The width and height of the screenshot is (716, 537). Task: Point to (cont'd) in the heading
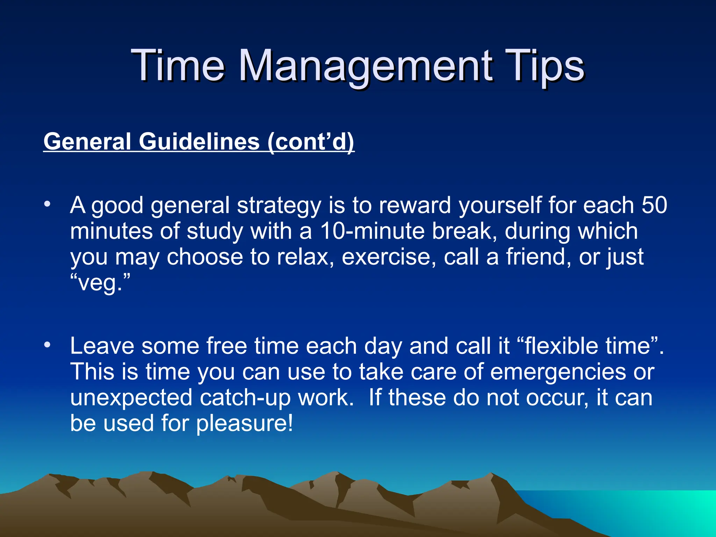[311, 142]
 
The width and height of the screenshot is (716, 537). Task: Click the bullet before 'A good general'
[48, 204]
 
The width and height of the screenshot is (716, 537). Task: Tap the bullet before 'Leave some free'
[48, 345]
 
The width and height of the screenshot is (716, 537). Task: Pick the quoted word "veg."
[100, 282]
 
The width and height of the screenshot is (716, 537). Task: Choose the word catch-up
[245, 398]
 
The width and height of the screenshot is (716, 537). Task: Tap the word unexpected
[131, 398]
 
